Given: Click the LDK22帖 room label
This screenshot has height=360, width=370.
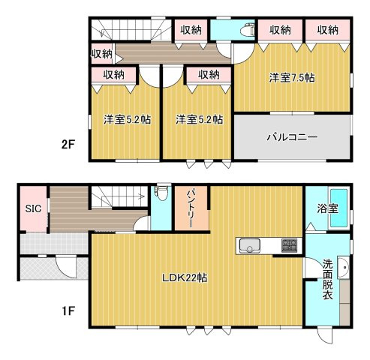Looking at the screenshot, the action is click(185, 277).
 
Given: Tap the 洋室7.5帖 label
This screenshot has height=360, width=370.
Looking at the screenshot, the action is click(292, 78).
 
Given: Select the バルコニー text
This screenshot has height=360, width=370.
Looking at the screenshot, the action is click(292, 137).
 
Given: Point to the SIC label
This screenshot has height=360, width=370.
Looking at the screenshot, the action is click(33, 208).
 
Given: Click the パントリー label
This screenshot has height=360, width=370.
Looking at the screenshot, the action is click(191, 208).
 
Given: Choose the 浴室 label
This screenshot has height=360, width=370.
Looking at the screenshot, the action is click(328, 208).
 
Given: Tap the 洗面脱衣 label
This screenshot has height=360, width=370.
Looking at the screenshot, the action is click(327, 279).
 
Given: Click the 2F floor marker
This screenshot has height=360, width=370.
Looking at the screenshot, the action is click(68, 145).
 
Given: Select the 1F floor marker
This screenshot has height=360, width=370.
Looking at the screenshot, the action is click(68, 311).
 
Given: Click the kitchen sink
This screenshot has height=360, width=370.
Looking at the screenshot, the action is click(250, 246).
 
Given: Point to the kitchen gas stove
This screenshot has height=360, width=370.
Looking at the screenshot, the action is click(290, 245).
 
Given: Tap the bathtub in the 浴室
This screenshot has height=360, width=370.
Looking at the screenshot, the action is click(339, 208).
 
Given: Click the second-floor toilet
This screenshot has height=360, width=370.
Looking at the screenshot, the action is click(248, 30).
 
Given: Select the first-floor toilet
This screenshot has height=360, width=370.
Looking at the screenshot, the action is click(162, 192).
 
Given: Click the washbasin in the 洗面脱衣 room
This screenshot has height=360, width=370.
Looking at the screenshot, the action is click(343, 267).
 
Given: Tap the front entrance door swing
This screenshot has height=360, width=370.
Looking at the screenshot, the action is click(65, 267).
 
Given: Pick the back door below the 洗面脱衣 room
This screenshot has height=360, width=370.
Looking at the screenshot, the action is click(325, 336).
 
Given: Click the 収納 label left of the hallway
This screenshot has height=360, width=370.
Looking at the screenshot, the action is click(101, 54).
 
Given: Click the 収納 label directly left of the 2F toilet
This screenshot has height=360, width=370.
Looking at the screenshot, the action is click(191, 31).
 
